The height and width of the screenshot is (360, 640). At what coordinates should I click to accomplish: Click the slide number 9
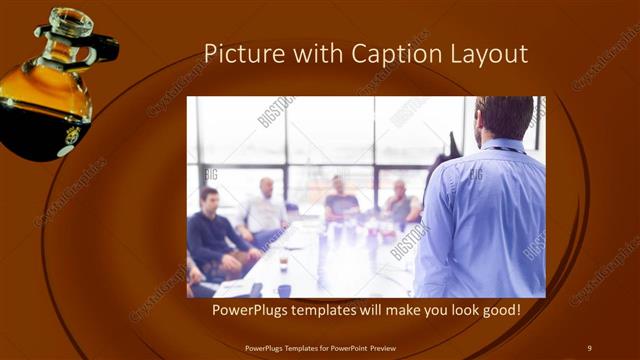[589, 347]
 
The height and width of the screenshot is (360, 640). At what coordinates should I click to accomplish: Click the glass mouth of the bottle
[71, 20]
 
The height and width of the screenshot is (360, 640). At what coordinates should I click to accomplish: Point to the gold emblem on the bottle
[72, 134]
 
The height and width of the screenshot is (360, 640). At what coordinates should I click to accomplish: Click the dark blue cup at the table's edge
[284, 291]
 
